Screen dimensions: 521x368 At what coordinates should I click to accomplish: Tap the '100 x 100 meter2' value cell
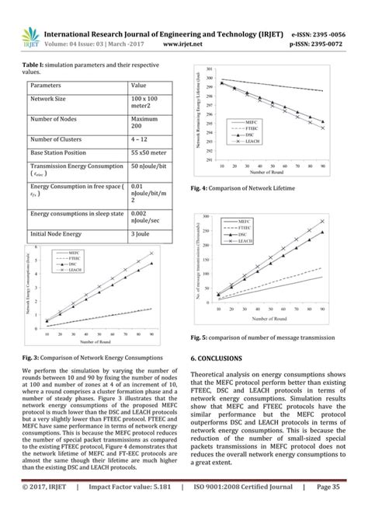point(147,103)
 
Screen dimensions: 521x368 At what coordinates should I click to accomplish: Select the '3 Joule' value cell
point(141,233)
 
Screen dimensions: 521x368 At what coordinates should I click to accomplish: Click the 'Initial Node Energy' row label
point(61,233)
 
